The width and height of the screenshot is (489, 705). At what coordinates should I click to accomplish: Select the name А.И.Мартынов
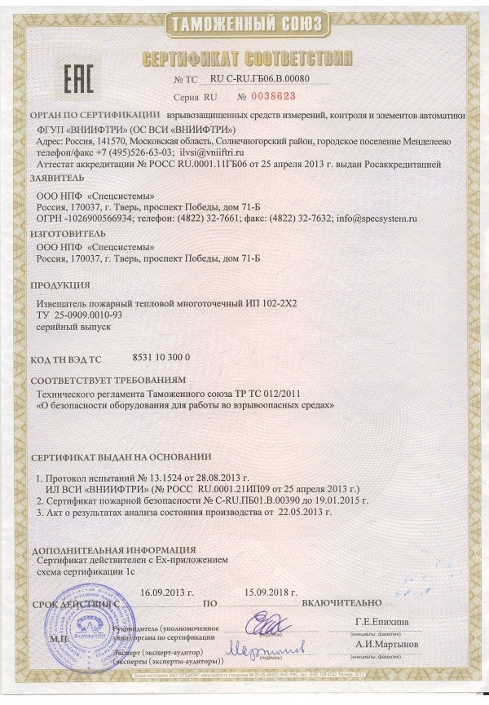386,645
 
